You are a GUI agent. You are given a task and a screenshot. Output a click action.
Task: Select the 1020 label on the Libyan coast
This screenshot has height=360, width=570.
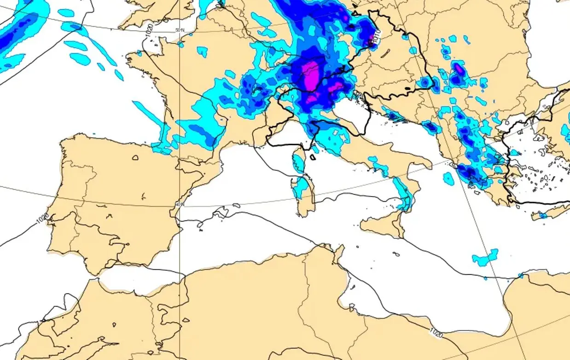pyautogui.click(x=437, y=332)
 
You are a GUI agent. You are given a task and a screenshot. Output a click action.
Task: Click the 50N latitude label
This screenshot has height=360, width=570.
pyautogui.click(x=180, y=30)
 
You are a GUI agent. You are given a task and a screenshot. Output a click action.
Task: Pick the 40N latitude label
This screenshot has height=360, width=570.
pyautogui.click(x=180, y=204)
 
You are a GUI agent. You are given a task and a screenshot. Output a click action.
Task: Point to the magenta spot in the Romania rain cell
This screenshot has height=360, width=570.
pyautogui.click(x=459, y=69)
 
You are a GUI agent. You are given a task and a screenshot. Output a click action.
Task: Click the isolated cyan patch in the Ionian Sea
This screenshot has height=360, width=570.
pyautogui.click(x=448, y=178)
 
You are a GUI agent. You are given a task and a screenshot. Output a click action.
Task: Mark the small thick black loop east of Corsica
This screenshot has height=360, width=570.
pyautogui.click(x=313, y=157)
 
